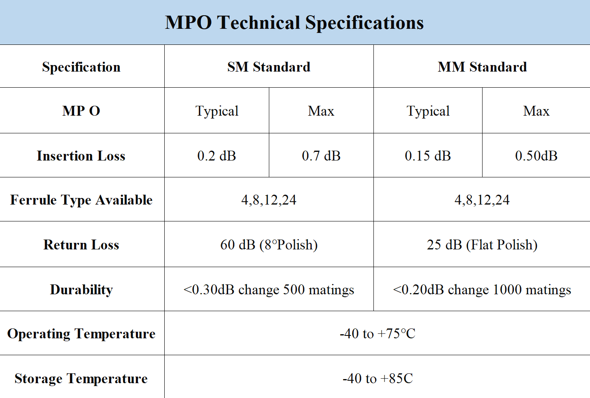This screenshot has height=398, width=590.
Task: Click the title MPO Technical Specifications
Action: tap(294, 23)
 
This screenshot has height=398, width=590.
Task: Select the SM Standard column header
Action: tap(269, 67)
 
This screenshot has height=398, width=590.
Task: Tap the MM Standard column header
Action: tap(482, 67)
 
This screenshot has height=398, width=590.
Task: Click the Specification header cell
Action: tap(81, 67)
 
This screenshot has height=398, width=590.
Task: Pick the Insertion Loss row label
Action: tap(81, 156)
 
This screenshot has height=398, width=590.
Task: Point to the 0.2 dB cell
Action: tap(217, 156)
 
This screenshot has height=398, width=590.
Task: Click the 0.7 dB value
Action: tap(321, 156)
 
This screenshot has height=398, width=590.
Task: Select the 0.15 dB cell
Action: tap(428, 156)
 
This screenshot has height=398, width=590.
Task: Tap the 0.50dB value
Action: tap(536, 156)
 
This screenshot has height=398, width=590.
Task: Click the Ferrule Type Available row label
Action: tap(81, 200)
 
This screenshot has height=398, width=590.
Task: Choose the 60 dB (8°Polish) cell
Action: tap(269, 245)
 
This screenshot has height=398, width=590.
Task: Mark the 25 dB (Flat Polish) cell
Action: tap(482, 245)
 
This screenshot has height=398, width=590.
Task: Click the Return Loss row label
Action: tap(81, 245)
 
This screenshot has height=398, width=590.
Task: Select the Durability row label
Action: tap(81, 290)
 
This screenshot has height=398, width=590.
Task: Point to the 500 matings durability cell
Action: tap(269, 290)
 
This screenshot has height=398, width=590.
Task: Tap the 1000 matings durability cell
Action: tap(482, 290)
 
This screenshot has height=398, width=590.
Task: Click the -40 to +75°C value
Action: tap(378, 333)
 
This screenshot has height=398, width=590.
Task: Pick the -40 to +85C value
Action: tap(378, 378)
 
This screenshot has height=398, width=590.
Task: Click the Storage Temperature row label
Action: tap(81, 378)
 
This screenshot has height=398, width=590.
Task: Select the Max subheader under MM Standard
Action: tap(536, 111)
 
